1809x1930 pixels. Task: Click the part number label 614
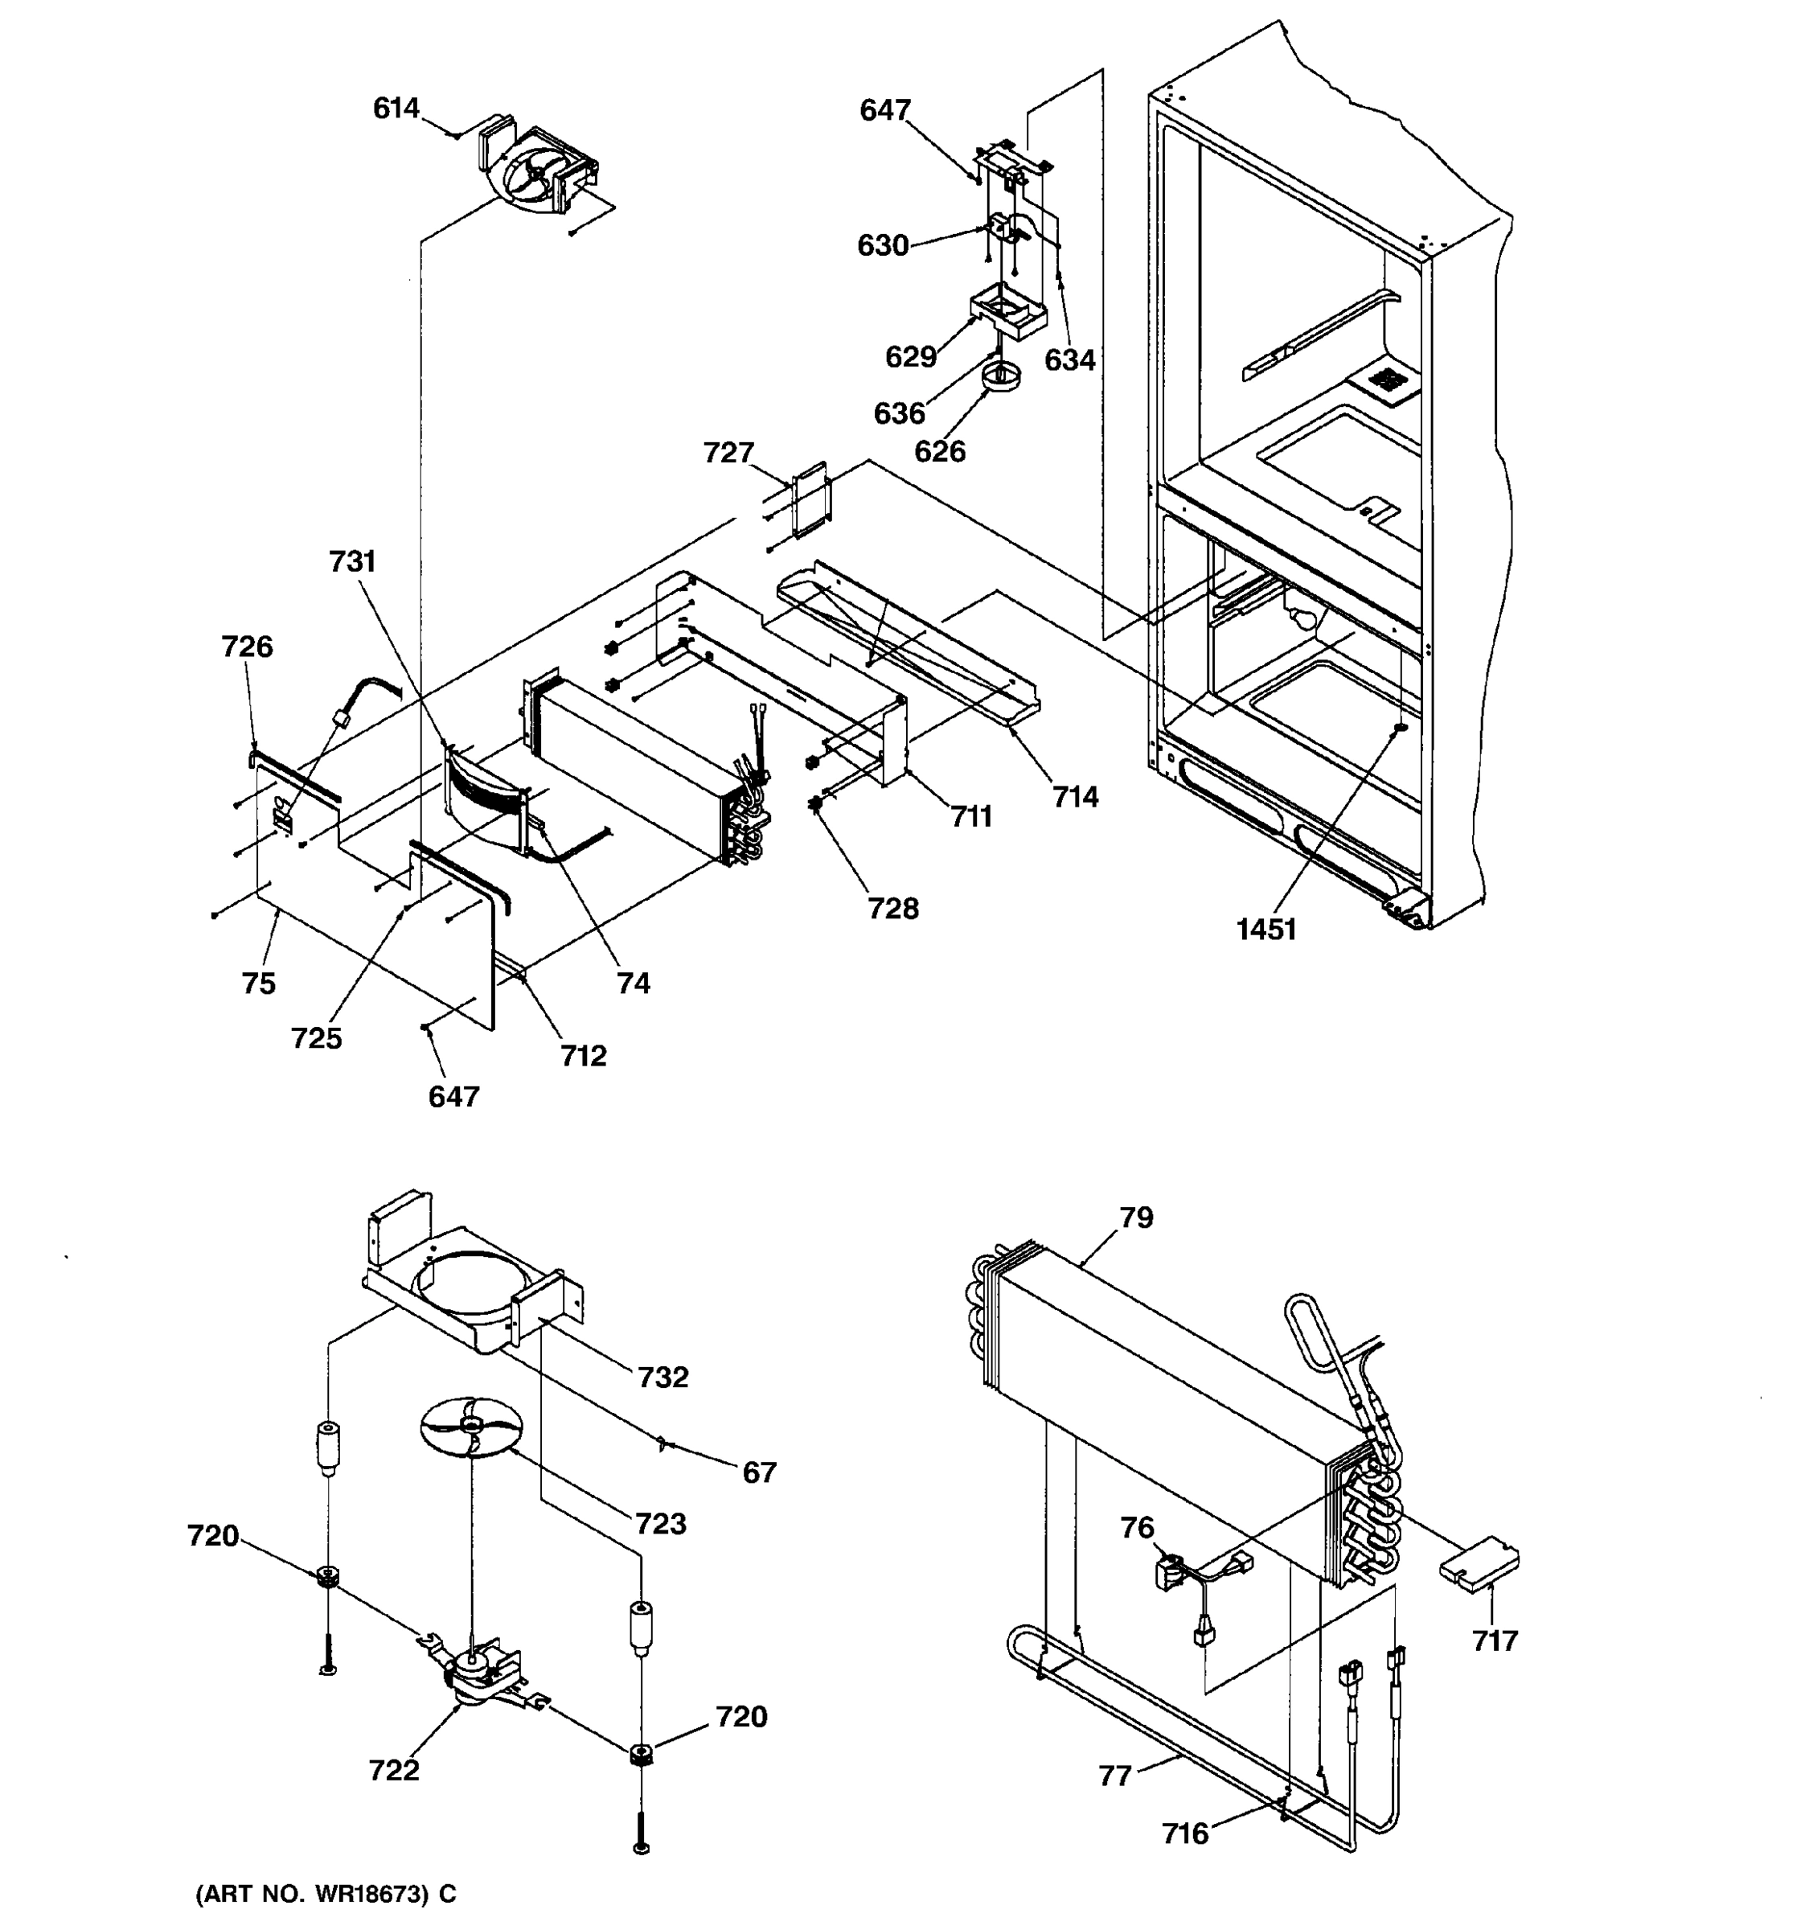pyautogui.click(x=395, y=108)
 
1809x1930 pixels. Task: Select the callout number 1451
pyautogui.click(x=1265, y=929)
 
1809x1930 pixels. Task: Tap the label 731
pyautogui.click(x=351, y=561)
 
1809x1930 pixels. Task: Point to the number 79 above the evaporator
pyautogui.click(x=1135, y=1217)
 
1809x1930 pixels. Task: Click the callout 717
pyautogui.click(x=1494, y=1640)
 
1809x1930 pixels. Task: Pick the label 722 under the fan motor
pyautogui.click(x=393, y=1770)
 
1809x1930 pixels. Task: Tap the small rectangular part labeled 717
pyautogui.click(x=1478, y=1564)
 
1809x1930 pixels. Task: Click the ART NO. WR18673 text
pyautogui.click(x=325, y=1893)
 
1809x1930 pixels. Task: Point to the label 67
pyautogui.click(x=759, y=1472)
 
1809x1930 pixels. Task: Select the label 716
pyautogui.click(x=1185, y=1833)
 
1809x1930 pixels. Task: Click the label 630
pyautogui.click(x=882, y=245)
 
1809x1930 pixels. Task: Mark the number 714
pyautogui.click(x=1075, y=796)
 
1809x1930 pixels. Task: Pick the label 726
pyautogui.click(x=247, y=646)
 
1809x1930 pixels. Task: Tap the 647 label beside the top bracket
pyautogui.click(x=884, y=109)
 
